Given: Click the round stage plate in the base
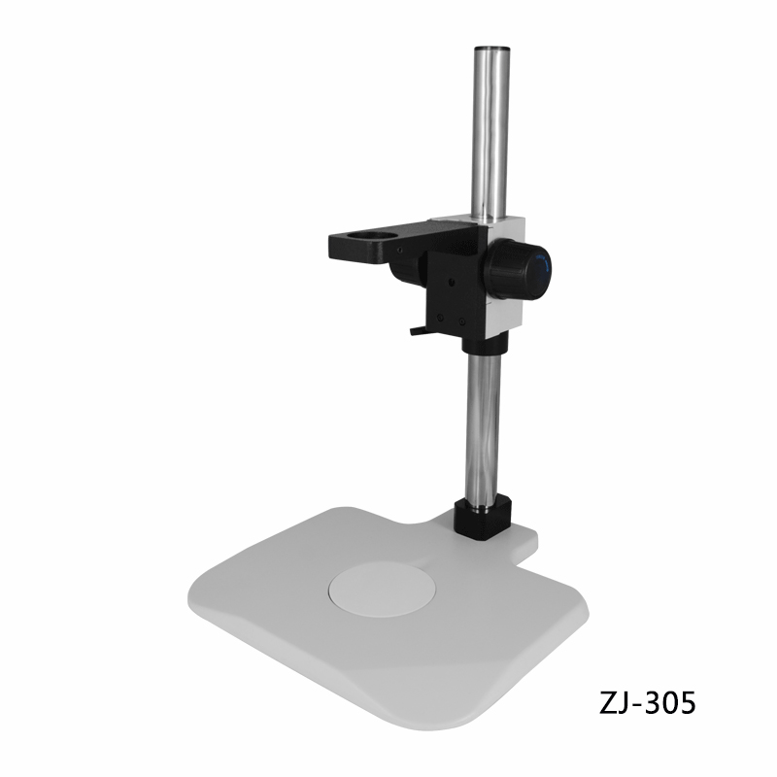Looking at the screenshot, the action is (382, 590).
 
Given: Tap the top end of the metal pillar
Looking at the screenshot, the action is (492, 50).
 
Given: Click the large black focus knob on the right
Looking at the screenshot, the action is (518, 269).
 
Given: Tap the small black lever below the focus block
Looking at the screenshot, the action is (418, 330).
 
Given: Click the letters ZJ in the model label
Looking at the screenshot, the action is (614, 702).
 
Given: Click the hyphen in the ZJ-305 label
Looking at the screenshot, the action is (637, 705).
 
